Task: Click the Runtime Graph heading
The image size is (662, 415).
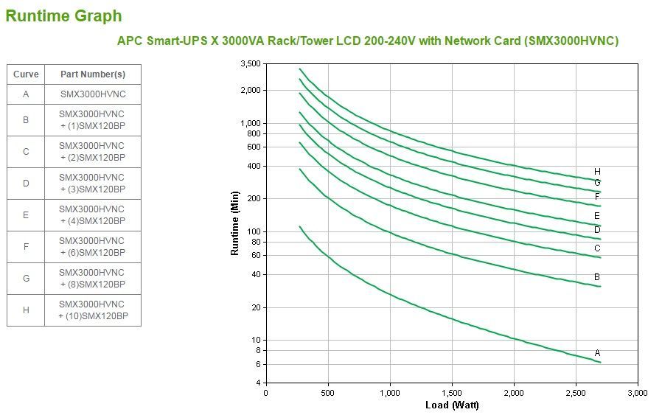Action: tap(64, 15)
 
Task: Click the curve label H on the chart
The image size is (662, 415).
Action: tap(597, 172)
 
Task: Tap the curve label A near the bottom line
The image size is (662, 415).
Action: tap(597, 353)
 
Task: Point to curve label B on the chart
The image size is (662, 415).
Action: tap(597, 277)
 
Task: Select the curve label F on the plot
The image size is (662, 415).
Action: tap(597, 197)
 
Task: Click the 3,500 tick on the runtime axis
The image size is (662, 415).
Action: tap(250, 64)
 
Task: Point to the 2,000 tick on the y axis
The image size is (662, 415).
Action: tap(250, 90)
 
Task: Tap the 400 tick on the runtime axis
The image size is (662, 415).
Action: tap(254, 166)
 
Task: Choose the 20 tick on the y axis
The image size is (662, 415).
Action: tap(255, 307)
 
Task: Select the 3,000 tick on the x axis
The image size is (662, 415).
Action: tap(637, 393)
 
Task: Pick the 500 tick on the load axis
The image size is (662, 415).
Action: tap(327, 393)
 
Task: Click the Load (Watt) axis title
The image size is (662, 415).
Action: tap(452, 405)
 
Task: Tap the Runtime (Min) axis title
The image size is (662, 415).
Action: tap(235, 223)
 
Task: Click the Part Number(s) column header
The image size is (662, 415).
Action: tap(92, 74)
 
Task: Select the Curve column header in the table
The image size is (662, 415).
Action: tap(26, 74)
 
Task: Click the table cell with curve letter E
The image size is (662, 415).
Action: tap(26, 215)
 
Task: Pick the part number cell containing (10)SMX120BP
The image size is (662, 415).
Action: tap(92, 310)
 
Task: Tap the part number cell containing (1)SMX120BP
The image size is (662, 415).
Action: tap(92, 119)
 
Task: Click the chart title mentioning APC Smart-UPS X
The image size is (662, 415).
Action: tap(368, 41)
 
